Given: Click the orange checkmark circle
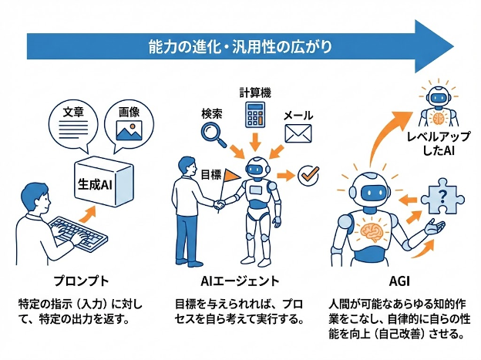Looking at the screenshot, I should pos(309,175).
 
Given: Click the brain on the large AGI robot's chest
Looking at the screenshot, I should pos(374,230).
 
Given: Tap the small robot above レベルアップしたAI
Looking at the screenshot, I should pos(439,102).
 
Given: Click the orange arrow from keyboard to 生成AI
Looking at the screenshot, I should pos(92,211).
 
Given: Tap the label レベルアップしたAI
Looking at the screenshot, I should pos(437,144).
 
